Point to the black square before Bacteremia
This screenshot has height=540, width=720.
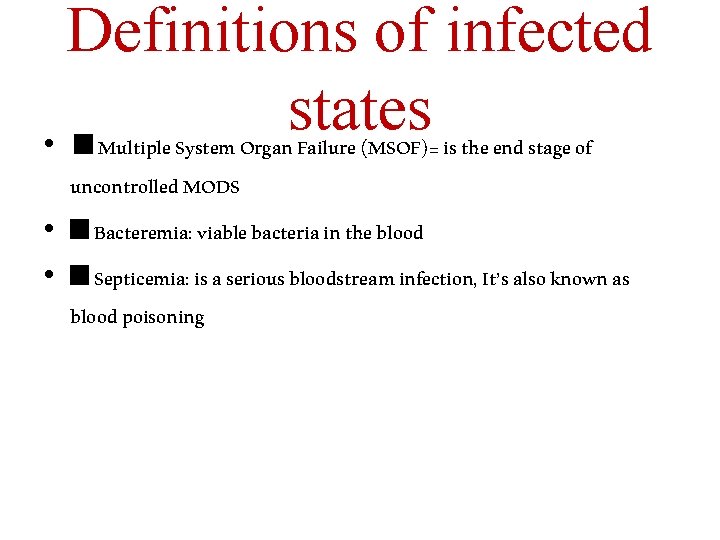[80, 231]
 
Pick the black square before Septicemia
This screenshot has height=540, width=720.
[80, 277]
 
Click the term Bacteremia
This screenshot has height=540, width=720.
[142, 234]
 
